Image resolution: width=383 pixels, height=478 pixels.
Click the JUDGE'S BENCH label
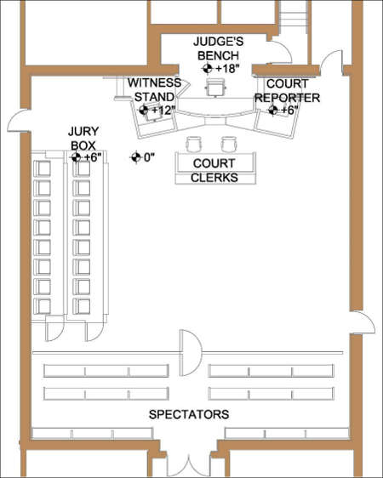pyautogui.click(x=219, y=48)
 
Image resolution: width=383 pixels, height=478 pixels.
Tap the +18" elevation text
pyautogui.click(x=230, y=68)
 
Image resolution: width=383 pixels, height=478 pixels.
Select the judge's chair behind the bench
pyautogui.click(x=216, y=86)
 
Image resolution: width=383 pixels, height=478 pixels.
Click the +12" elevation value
pyautogui.click(x=162, y=111)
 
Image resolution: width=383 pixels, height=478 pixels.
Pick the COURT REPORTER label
pyautogui.click(x=287, y=91)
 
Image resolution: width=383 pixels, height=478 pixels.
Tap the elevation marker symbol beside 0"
pyautogui.click(x=134, y=156)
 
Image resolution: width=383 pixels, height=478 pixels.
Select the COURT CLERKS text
pyautogui.click(x=214, y=170)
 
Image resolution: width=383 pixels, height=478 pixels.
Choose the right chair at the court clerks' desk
pyautogui.click(x=227, y=143)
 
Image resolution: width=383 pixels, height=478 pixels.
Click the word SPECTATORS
pyautogui.click(x=188, y=415)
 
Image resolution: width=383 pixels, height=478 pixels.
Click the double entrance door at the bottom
pyautogui.click(x=188, y=463)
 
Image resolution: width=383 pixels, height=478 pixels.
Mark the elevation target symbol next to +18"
pyautogui.click(x=207, y=68)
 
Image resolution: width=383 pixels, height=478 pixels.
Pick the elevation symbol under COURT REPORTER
pyautogui.click(x=276, y=111)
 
